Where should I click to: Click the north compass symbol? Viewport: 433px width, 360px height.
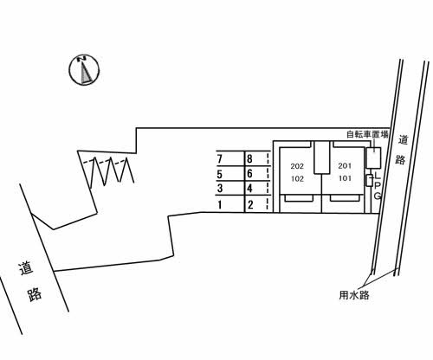[84, 70]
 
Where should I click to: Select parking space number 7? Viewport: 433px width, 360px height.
[220, 159]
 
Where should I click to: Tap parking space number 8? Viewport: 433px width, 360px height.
[249, 158]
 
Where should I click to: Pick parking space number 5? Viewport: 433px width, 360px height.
[220, 174]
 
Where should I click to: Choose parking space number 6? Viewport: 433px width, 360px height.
[249, 173]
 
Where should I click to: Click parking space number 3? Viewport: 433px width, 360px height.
[220, 189]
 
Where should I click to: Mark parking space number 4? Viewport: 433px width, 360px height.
[249, 189]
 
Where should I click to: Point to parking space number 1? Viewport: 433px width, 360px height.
[220, 205]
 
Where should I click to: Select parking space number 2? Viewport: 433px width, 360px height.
[250, 205]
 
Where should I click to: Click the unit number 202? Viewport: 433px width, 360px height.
[297, 166]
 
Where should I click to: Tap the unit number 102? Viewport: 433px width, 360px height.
[297, 179]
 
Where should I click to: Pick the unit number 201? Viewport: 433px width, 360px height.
[345, 166]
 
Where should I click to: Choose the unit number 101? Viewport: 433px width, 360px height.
[345, 178]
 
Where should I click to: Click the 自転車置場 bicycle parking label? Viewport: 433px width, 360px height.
[367, 134]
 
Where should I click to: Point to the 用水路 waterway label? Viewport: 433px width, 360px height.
[354, 295]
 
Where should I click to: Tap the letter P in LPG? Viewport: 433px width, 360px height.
[378, 185]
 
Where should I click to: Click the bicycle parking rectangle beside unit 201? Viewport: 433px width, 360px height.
[374, 157]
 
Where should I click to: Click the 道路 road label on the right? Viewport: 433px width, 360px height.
[401, 150]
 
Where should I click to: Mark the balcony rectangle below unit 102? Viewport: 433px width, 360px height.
[299, 198]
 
